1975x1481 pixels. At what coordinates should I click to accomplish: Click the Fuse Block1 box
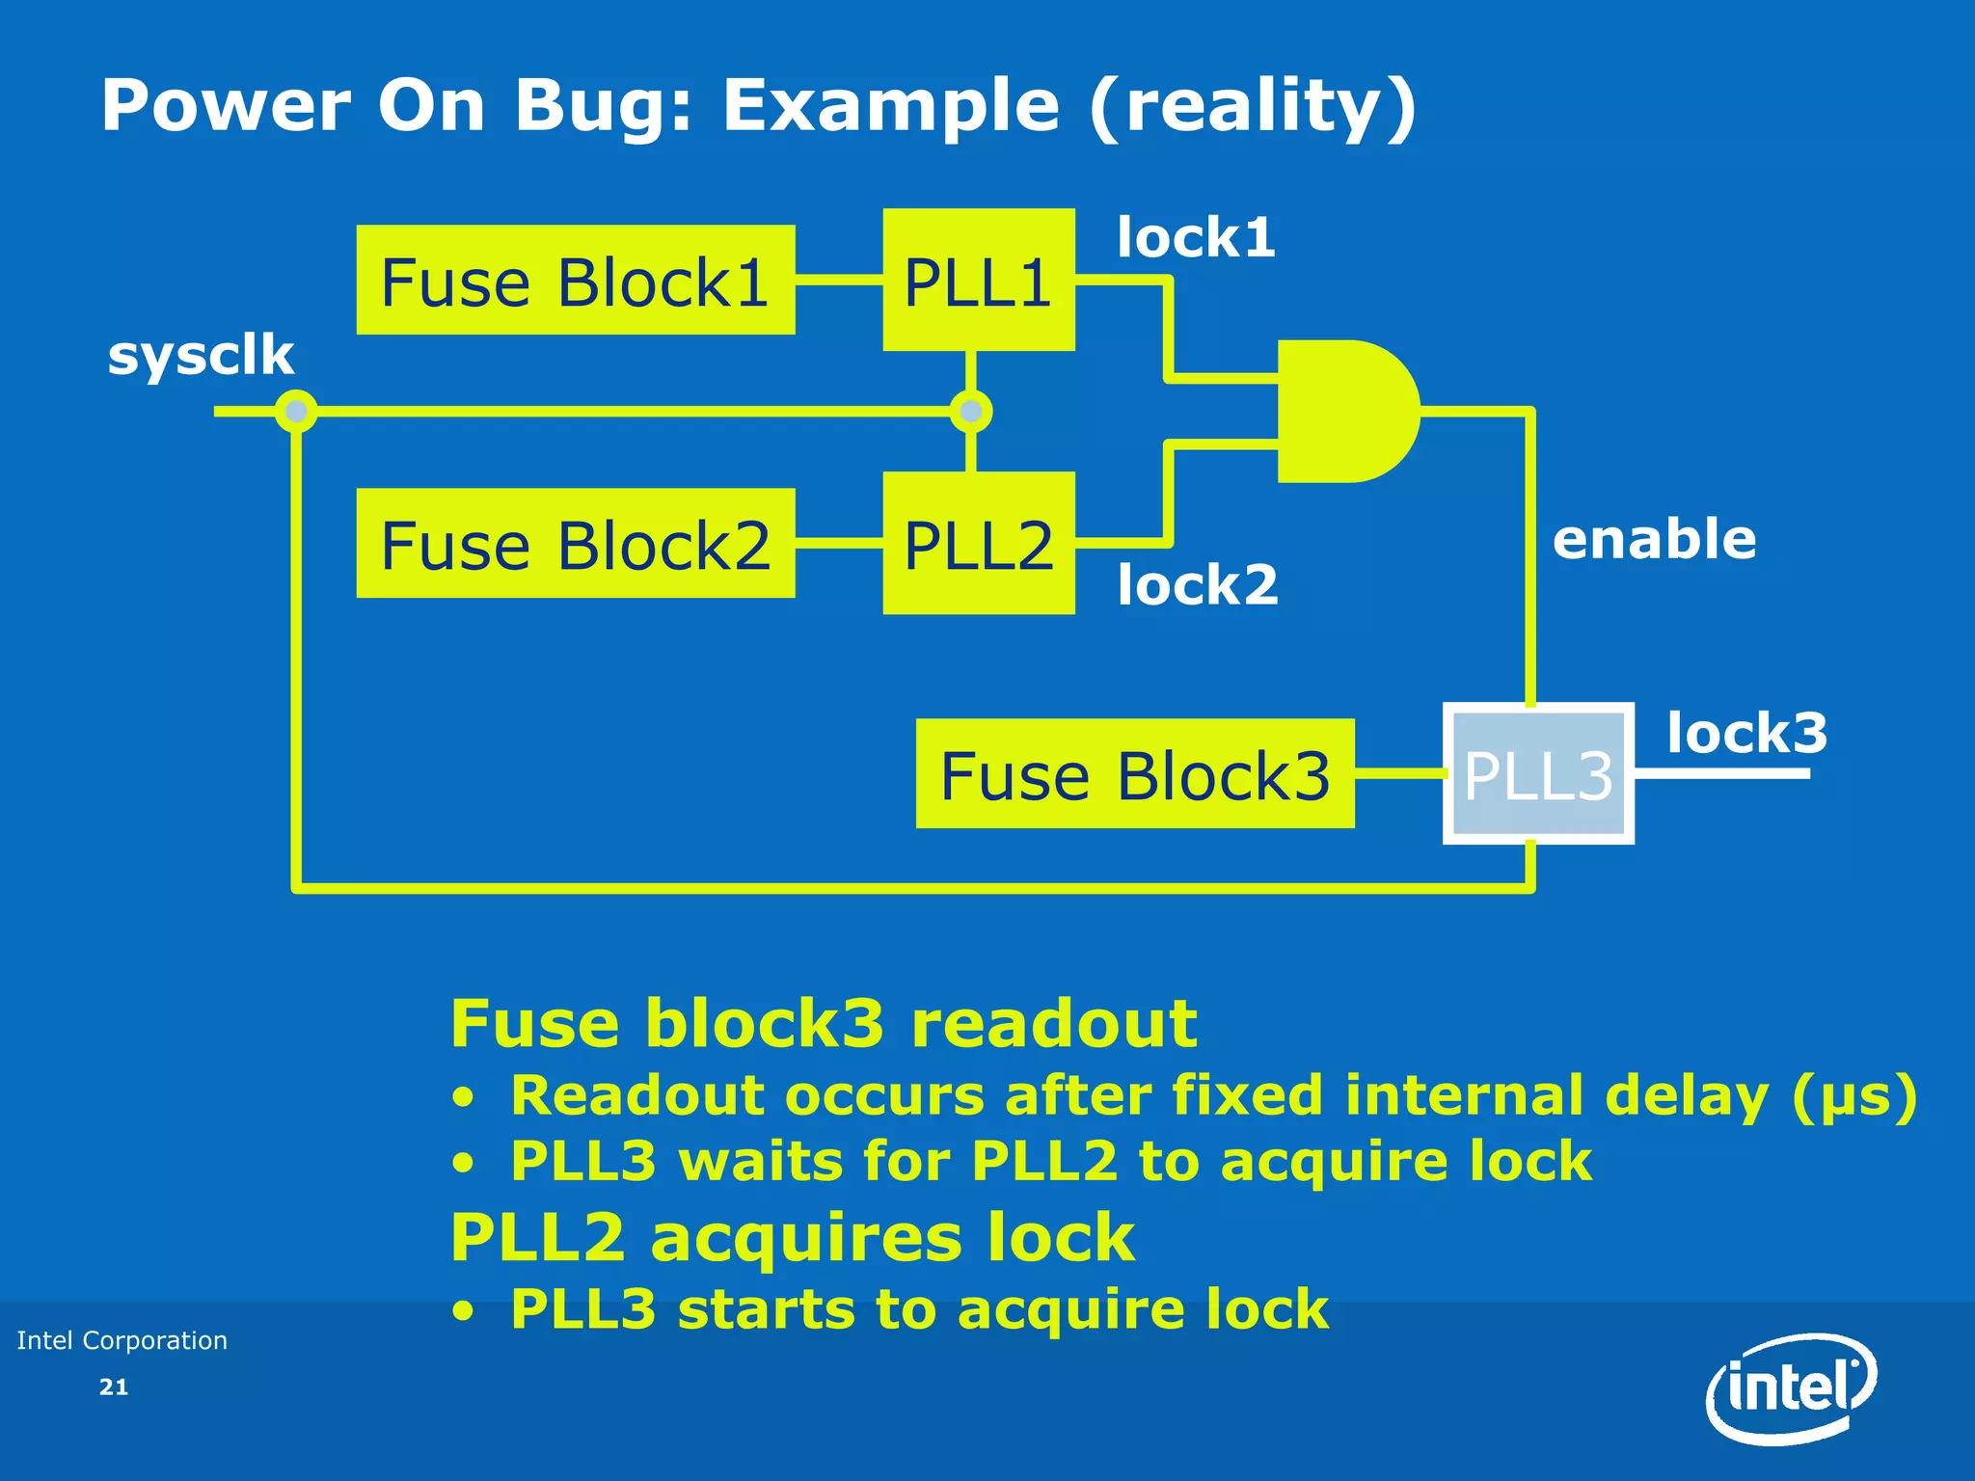click(575, 281)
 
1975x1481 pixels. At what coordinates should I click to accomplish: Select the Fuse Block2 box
click(575, 544)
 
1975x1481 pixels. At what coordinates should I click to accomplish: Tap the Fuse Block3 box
click(1134, 773)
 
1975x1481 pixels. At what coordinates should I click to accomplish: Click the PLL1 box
click(978, 280)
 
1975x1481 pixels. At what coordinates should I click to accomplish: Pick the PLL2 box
click(978, 543)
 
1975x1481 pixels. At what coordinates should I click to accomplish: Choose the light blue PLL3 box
click(1537, 773)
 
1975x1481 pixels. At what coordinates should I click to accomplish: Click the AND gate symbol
click(1344, 411)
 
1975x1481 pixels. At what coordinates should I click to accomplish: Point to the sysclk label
click(201, 355)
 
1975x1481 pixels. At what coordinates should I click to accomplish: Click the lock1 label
click(1196, 237)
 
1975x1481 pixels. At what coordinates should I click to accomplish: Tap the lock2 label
click(1197, 584)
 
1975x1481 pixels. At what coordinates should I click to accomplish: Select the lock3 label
click(1746, 733)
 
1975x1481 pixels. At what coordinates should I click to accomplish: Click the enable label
click(1654, 539)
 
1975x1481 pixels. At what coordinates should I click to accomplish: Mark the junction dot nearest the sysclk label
click(296, 412)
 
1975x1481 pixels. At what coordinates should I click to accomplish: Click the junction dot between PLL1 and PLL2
click(970, 412)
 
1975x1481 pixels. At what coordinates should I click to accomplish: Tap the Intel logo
click(1791, 1388)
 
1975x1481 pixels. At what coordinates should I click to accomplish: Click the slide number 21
click(114, 1387)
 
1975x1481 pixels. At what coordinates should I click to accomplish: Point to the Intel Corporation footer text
click(122, 1340)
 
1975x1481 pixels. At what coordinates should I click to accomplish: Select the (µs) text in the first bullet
click(1854, 1096)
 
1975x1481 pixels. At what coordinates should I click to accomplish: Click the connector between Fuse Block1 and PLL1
click(839, 281)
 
